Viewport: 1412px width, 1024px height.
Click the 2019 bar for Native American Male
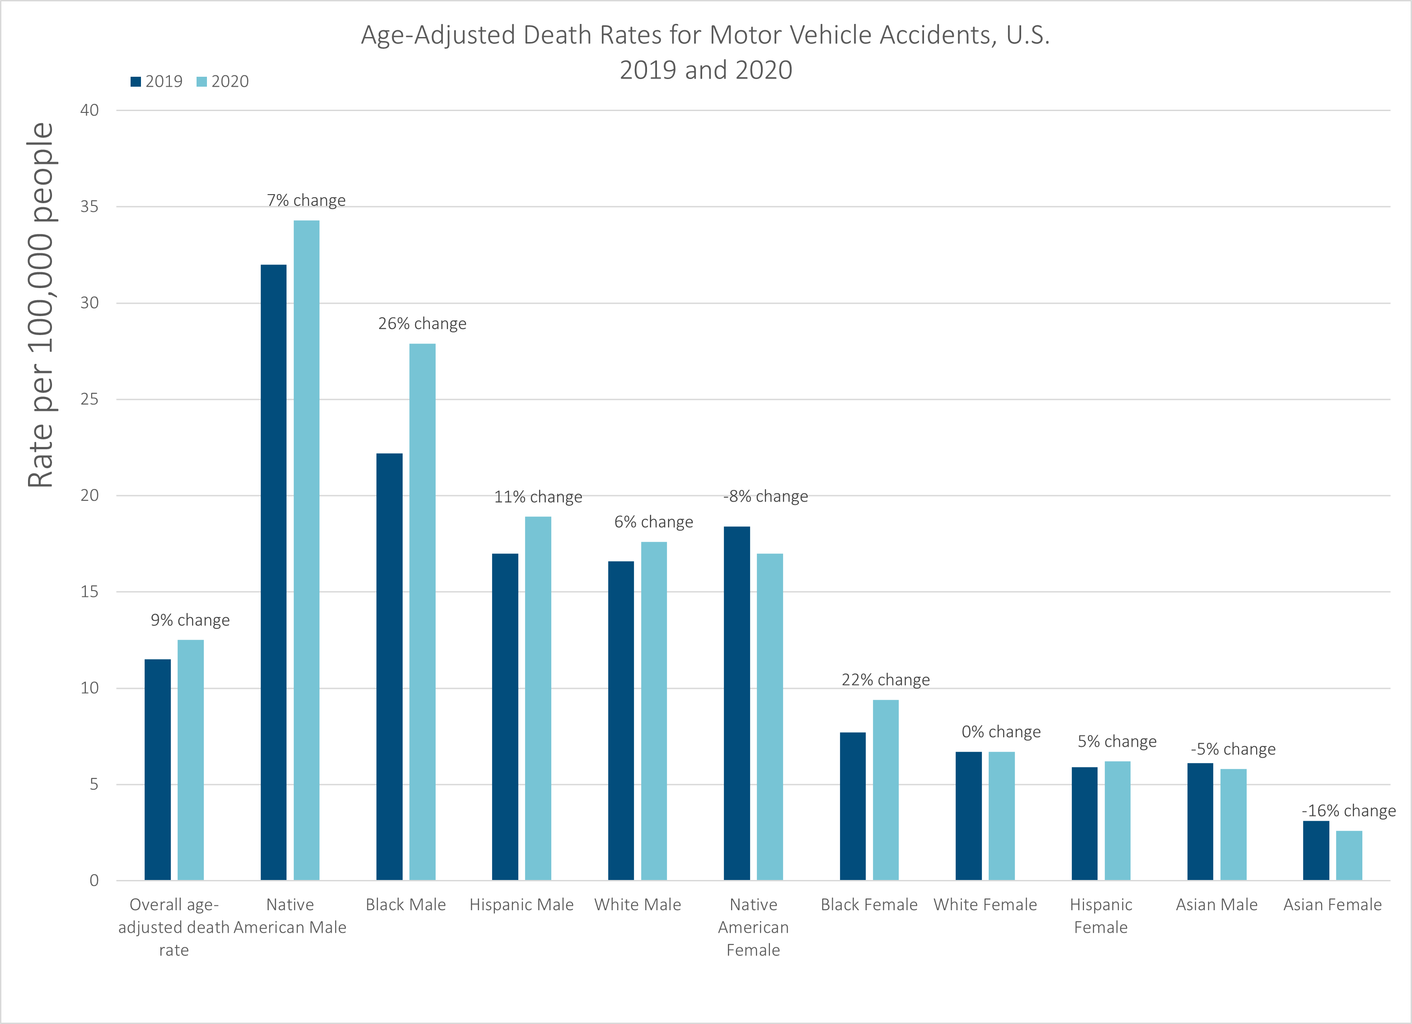coord(273,573)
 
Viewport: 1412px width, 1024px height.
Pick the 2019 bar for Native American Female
coord(736,703)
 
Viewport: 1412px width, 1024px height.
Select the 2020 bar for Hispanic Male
coord(538,698)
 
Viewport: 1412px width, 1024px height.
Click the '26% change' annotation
coord(422,324)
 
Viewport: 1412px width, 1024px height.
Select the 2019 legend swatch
coord(136,82)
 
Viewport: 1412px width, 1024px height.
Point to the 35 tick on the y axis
coord(89,206)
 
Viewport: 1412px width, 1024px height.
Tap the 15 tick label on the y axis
coord(89,591)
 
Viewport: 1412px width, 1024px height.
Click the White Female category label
coord(985,904)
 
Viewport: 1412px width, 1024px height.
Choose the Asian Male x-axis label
coord(1216,904)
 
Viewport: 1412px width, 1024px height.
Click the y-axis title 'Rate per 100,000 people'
coord(41,305)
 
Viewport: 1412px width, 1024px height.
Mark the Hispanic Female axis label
coord(1101,916)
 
